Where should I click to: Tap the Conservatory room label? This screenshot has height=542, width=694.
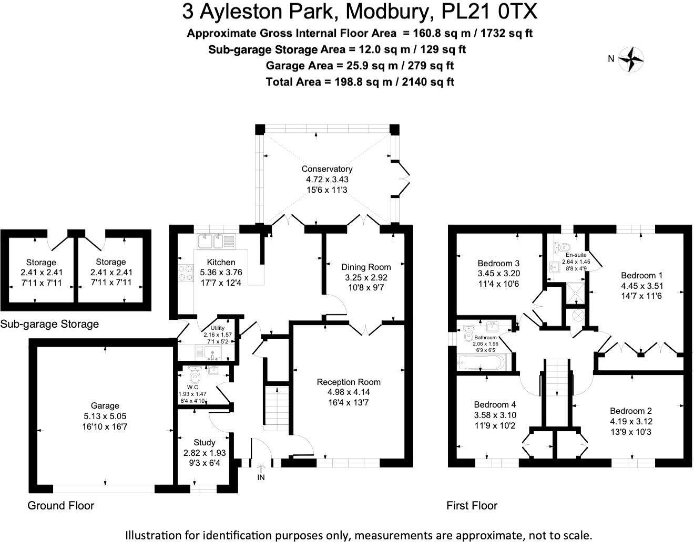pyautogui.click(x=326, y=169)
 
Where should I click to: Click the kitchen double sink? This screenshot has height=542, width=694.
pyautogui.click(x=211, y=242)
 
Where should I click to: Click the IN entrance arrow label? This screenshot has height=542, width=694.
pyautogui.click(x=261, y=477)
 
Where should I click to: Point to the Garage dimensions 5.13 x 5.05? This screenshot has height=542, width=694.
pyautogui.click(x=105, y=416)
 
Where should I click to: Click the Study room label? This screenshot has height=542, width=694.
pyautogui.click(x=204, y=442)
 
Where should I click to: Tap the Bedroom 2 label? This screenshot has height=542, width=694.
pyautogui.click(x=631, y=411)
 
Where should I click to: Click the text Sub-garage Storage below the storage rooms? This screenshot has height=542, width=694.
pyautogui.click(x=49, y=324)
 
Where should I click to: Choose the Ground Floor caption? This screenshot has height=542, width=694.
pyautogui.click(x=60, y=506)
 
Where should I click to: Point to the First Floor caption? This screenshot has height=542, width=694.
pyautogui.click(x=472, y=506)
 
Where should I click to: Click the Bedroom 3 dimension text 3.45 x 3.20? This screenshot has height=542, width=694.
pyautogui.click(x=498, y=274)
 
